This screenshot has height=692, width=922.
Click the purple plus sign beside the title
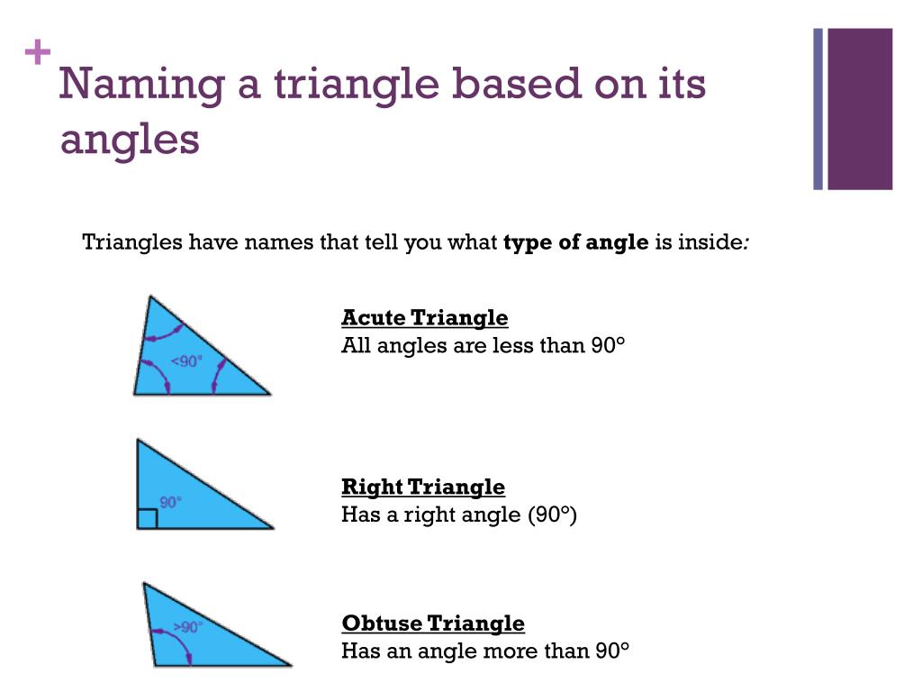click(x=38, y=54)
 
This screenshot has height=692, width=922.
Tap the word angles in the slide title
click(x=130, y=141)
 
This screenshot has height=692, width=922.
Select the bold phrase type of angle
click(x=576, y=242)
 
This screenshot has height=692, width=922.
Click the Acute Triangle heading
click(x=424, y=318)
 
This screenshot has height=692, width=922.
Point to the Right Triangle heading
click(x=423, y=487)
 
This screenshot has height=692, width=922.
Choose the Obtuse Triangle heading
click(x=432, y=624)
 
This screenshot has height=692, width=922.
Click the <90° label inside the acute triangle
click(x=186, y=361)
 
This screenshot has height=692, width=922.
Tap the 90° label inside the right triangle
click(x=171, y=503)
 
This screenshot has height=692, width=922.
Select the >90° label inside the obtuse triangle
click(x=186, y=626)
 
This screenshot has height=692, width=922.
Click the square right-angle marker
click(x=148, y=519)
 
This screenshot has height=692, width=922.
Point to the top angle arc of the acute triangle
click(x=166, y=332)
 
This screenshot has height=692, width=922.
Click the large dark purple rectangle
click(x=860, y=109)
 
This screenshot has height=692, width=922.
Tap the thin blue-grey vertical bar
click(x=818, y=109)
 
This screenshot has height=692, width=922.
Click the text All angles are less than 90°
click(x=483, y=345)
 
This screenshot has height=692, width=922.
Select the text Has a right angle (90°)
click(x=458, y=514)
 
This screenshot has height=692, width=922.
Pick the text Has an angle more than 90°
click(x=484, y=651)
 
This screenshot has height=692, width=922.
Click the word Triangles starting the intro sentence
click(x=131, y=242)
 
